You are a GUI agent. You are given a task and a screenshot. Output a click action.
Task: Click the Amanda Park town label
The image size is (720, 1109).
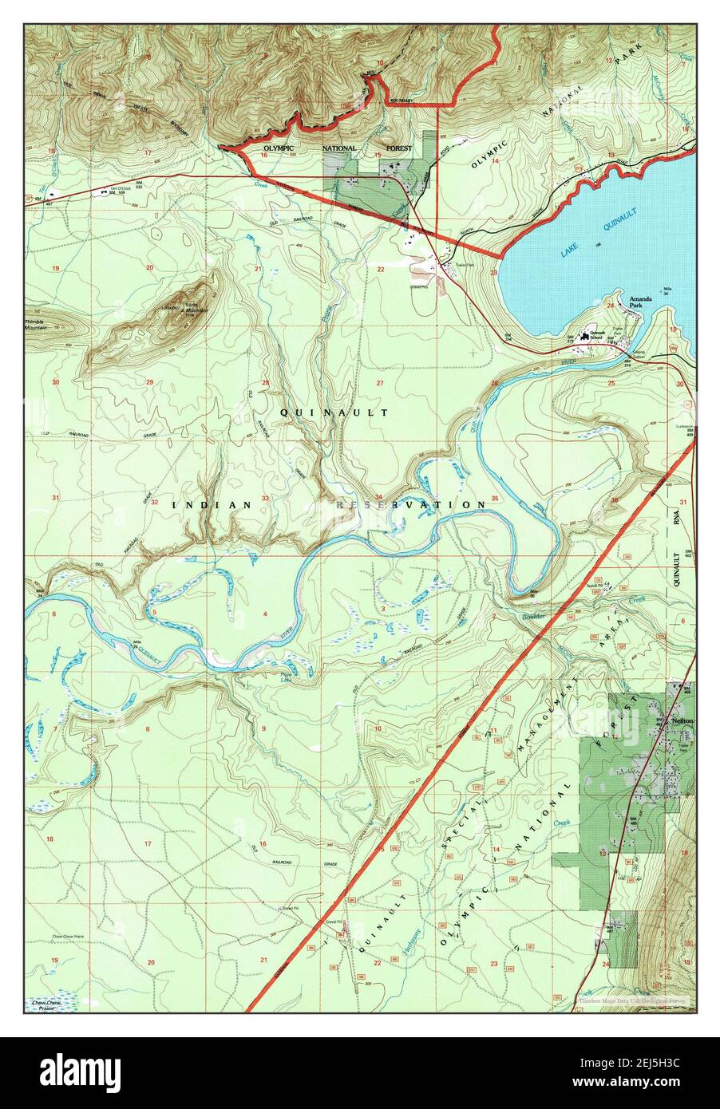coord(640,302)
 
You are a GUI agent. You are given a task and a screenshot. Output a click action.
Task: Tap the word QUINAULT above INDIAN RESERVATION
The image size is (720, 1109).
coord(334,412)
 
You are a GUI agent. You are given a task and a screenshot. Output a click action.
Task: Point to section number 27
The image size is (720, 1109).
coord(380,384)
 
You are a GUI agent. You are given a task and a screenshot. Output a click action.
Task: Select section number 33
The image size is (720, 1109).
coord(264,499)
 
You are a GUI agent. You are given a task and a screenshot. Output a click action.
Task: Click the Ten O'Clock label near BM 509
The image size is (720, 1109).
coord(121,189)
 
